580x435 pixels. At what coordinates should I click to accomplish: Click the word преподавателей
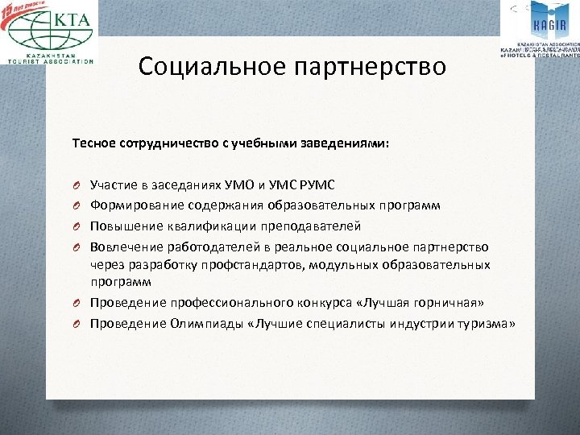(x=311, y=226)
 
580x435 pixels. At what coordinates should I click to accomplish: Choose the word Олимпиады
(x=197, y=322)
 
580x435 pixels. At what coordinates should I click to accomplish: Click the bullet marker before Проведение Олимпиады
(x=75, y=322)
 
